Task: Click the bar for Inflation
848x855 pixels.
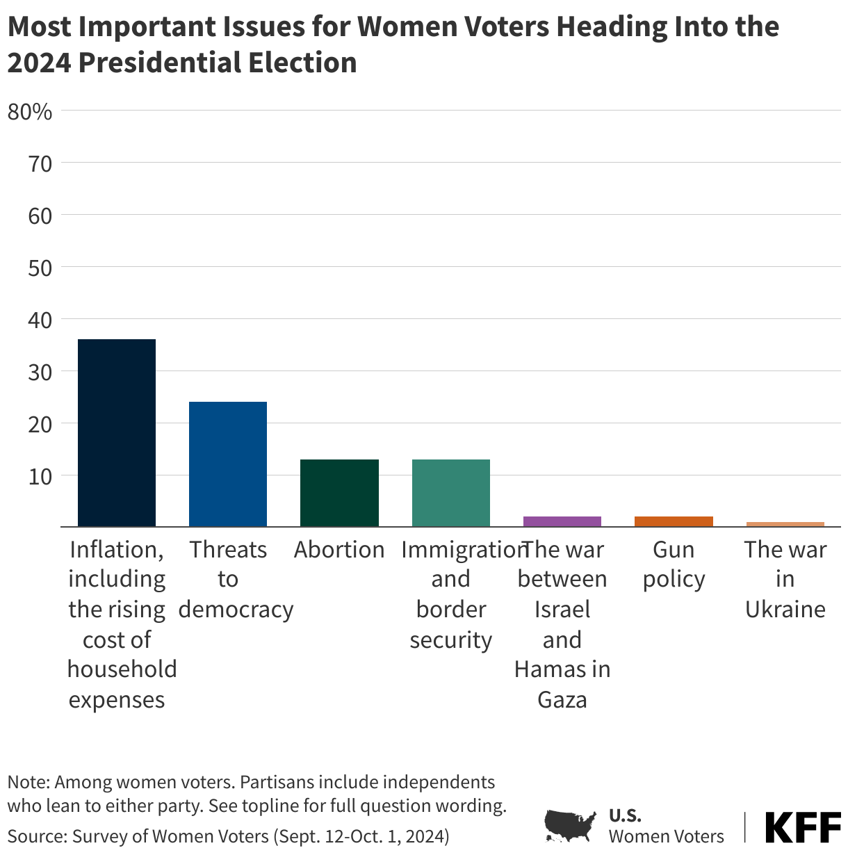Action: coord(117,432)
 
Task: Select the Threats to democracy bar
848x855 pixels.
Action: coord(228,464)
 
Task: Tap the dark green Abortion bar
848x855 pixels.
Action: coord(339,493)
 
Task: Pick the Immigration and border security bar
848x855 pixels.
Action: coord(451,493)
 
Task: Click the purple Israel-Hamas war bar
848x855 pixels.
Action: coord(562,521)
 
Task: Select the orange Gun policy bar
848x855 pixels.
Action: coord(674,521)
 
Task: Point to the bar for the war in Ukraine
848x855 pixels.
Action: coord(785,524)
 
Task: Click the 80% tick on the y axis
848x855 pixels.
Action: coord(30,111)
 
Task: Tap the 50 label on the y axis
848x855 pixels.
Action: coord(40,268)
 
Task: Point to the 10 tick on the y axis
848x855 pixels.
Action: coord(40,476)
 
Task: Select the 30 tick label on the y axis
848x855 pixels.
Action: coord(40,372)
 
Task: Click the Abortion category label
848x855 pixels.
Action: coord(339,550)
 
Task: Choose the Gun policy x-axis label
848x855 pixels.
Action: coord(674,564)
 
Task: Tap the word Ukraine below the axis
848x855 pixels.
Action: coord(785,610)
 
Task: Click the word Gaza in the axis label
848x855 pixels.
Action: coord(562,699)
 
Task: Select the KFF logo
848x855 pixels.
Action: coord(803,827)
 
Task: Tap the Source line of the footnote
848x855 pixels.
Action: coord(228,836)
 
